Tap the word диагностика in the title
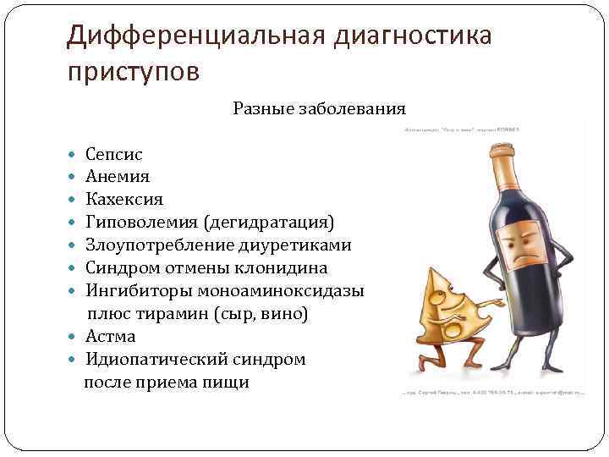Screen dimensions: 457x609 pos(414,36)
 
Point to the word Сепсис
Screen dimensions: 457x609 pos(114,154)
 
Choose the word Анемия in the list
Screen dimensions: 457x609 pos(118,177)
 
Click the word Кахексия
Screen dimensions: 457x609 pos(124,200)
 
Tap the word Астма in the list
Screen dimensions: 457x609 pos(111,337)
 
